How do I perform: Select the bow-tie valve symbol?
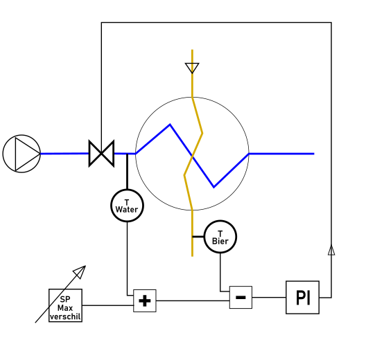click(x=101, y=154)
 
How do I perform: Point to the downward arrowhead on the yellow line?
click(x=192, y=68)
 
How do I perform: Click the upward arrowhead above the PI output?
click(x=331, y=250)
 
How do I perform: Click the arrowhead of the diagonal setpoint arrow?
click(x=80, y=271)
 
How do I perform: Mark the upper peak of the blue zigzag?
click(x=170, y=124)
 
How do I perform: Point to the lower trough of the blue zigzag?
click(x=213, y=188)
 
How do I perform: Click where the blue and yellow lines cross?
click(x=192, y=156)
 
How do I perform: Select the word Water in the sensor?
click(x=127, y=210)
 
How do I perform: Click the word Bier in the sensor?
click(x=220, y=241)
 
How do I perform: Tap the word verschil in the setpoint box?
click(x=65, y=316)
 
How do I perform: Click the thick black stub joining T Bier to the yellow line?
click(x=198, y=237)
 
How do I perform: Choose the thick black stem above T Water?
click(x=127, y=172)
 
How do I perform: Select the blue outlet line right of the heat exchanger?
click(x=281, y=154)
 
